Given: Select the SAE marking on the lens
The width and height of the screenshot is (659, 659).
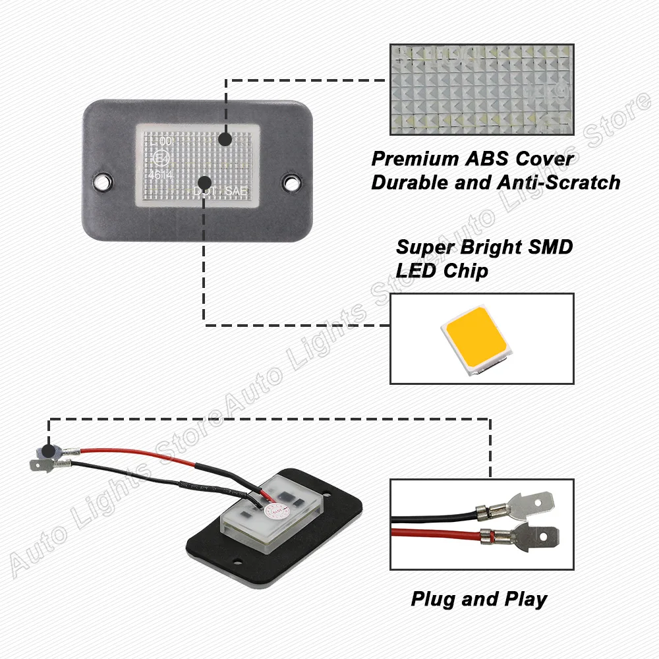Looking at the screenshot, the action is (x=235, y=191).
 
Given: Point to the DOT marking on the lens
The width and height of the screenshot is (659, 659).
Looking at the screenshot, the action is (x=205, y=191).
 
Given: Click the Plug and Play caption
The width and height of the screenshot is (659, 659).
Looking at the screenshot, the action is (x=479, y=599).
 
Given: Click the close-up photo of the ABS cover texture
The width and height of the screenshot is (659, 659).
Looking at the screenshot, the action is (x=481, y=89).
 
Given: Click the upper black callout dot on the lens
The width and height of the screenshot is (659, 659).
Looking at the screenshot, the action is (x=224, y=140).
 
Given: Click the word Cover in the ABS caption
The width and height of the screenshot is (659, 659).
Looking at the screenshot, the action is (x=545, y=159).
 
